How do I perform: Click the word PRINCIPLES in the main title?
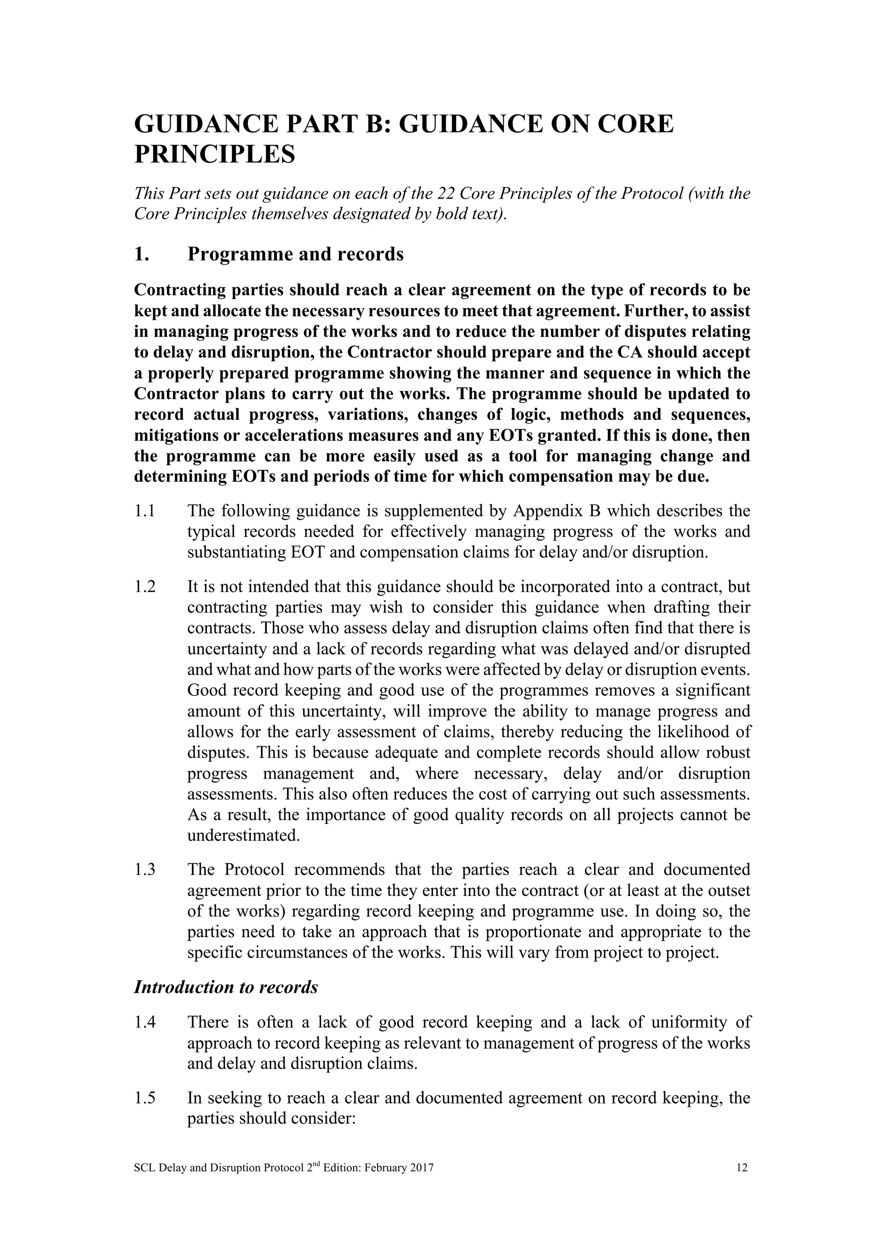pyautogui.click(x=214, y=154)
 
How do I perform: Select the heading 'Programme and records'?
pyautogui.click(x=295, y=254)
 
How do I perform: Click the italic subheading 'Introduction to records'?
pyautogui.click(x=225, y=987)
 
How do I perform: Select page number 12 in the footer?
pyautogui.click(x=742, y=1167)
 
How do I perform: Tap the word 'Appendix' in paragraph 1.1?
pyautogui.click(x=544, y=511)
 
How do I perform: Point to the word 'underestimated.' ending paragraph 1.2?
pyautogui.click(x=244, y=836)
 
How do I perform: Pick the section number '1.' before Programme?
pyautogui.click(x=141, y=254)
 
